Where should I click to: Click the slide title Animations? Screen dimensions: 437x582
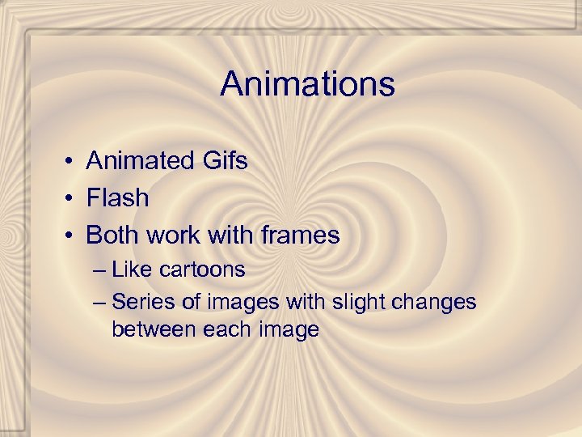point(307,84)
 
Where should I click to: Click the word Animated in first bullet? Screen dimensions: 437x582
point(136,161)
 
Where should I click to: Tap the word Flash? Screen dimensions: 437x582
point(117,197)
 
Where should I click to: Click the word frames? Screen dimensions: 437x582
point(300,235)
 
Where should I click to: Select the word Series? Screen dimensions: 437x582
point(141,302)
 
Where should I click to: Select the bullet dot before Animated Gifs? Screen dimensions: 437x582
point(72,162)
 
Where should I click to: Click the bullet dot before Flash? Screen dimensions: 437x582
point(72,198)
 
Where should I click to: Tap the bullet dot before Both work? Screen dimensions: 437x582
point(72,236)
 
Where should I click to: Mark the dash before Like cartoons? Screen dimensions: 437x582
point(99,269)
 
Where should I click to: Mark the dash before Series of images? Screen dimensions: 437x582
point(99,303)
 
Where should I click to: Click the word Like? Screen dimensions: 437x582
point(129,269)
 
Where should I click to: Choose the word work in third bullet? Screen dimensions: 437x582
point(172,235)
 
